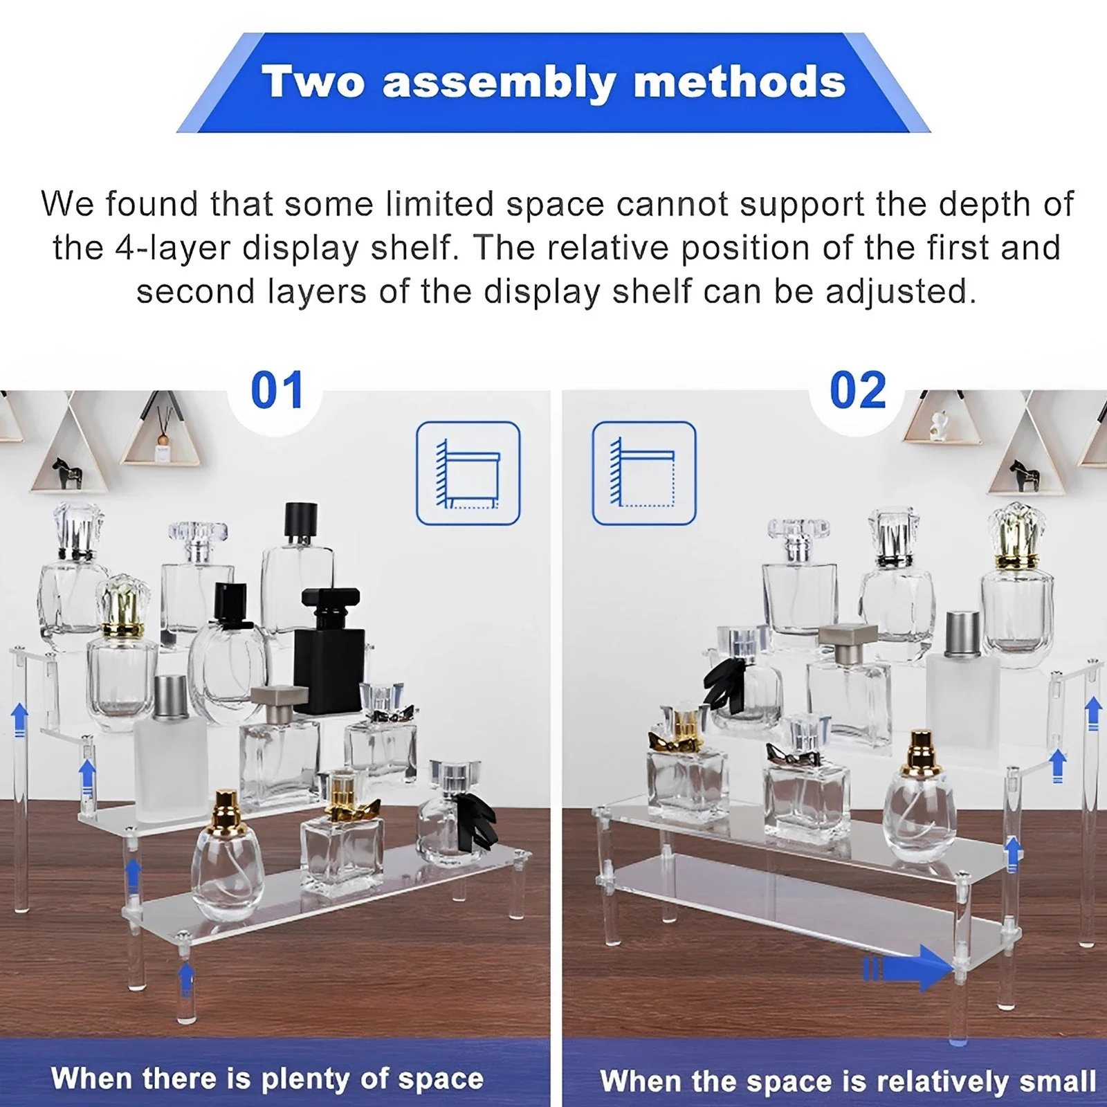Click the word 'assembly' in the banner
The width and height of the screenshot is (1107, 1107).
pyautogui.click(x=498, y=83)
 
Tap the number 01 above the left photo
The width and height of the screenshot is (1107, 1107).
pyautogui.click(x=277, y=390)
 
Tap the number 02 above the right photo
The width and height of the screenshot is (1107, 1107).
pyautogui.click(x=857, y=390)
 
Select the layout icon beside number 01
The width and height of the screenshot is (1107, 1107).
pyautogui.click(x=468, y=473)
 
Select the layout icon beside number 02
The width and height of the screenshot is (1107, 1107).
pyautogui.click(x=644, y=473)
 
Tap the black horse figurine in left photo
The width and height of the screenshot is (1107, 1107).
pyautogui.click(x=69, y=473)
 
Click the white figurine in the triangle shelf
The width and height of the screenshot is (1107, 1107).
pyautogui.click(x=938, y=426)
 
